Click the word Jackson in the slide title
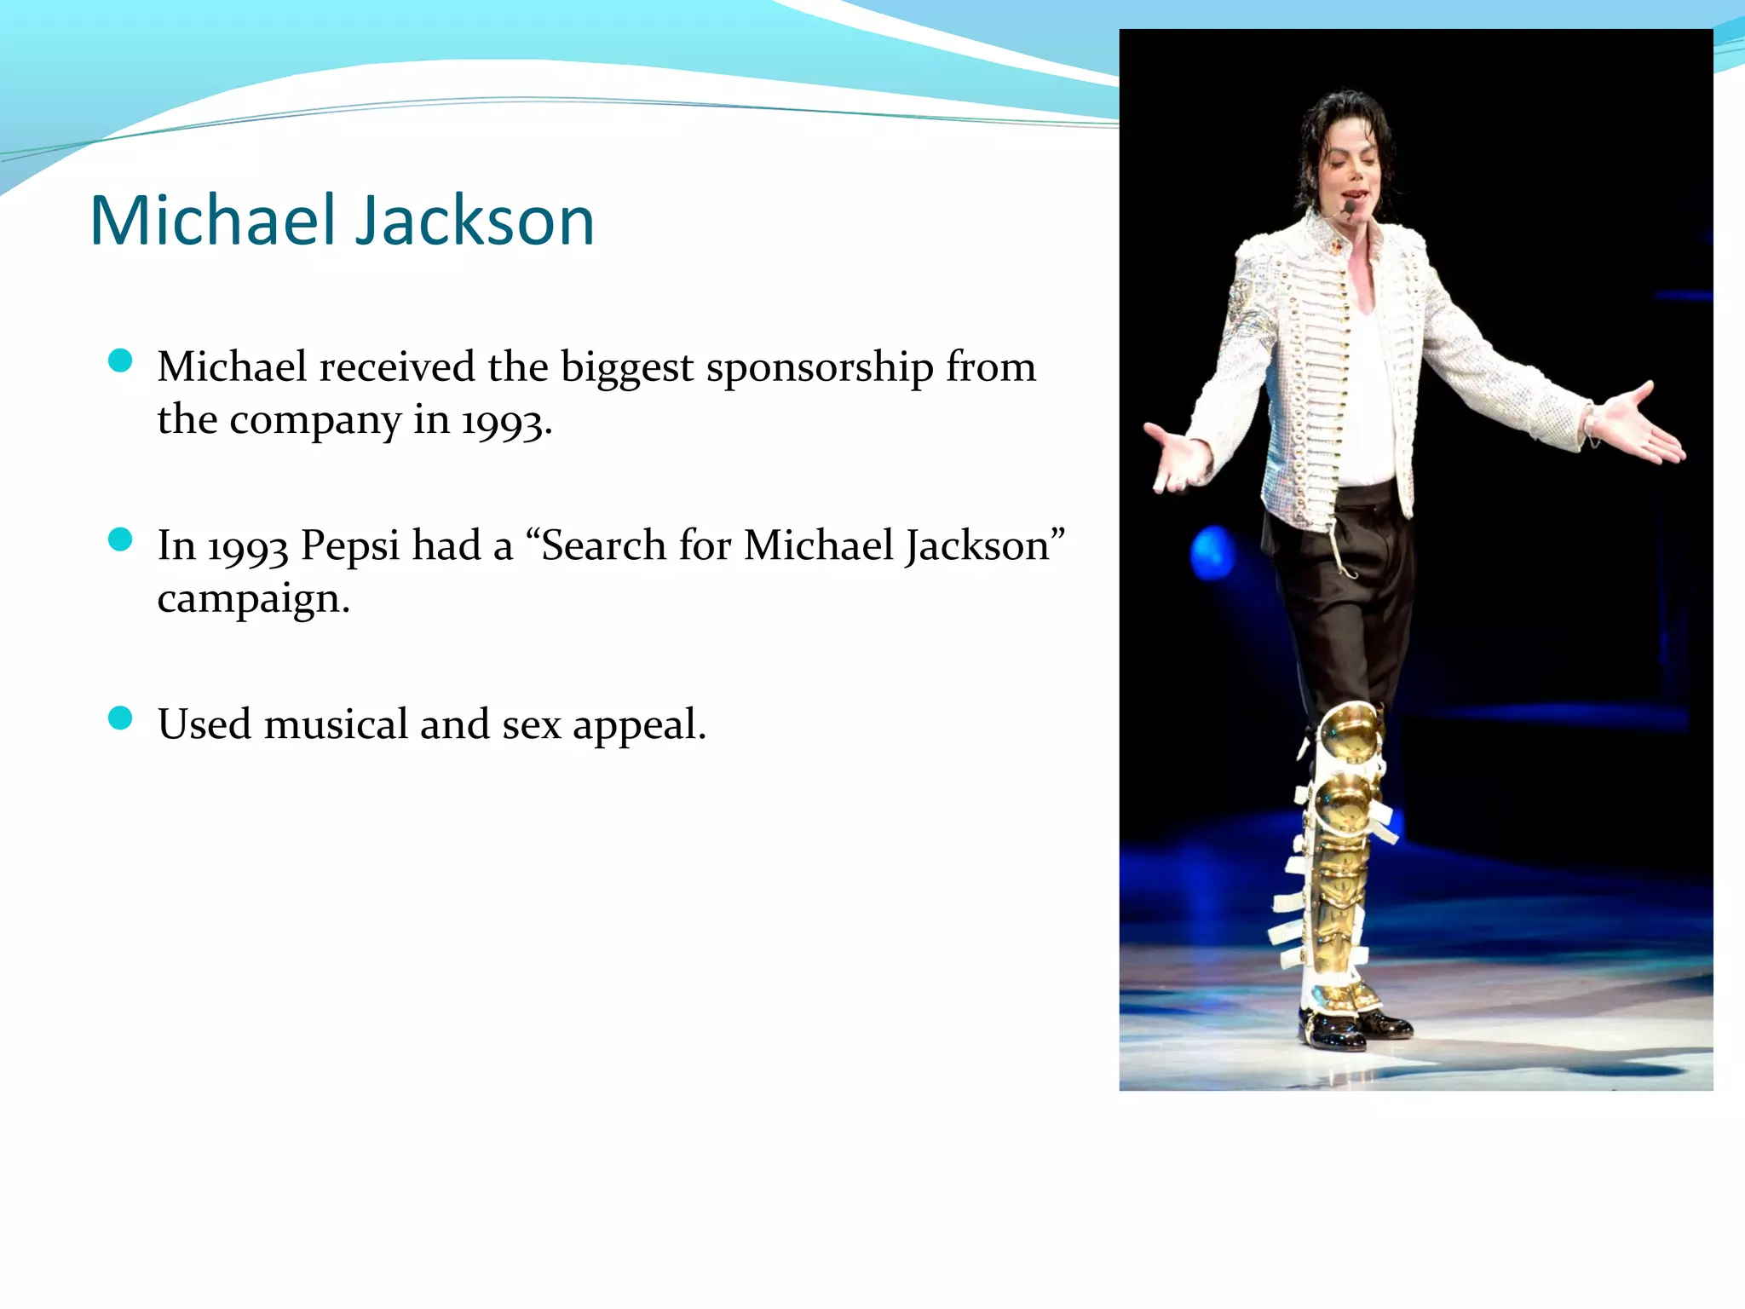pos(474,221)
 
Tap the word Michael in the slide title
pos(213,221)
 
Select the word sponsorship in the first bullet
pos(819,369)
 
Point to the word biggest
pos(626,369)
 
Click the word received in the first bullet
pos(397,367)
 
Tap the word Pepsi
pos(349,546)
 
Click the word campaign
pos(252,599)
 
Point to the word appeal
pos(638,726)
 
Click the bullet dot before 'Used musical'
pos(121,718)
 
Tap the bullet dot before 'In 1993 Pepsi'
pos(121,539)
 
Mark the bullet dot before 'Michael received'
pos(121,361)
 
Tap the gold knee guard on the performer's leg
pos(1350,734)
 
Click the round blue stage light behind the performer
pos(1212,551)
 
